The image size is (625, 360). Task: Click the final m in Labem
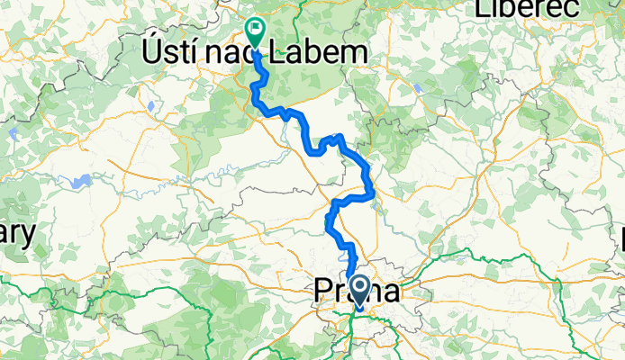[x=357, y=54]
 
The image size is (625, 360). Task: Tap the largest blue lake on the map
[x=80, y=182]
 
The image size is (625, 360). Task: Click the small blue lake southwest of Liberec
[x=418, y=88]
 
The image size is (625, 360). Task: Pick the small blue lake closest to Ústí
[x=150, y=104]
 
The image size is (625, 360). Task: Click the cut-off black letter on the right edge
[x=621, y=238]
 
